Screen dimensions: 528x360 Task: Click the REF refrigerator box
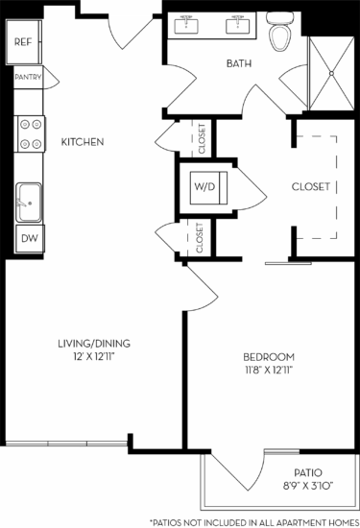pos(24,42)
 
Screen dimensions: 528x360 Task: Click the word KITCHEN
pos(83,143)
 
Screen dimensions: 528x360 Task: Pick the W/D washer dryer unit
pos(204,186)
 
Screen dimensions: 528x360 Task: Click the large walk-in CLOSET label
pos(311,186)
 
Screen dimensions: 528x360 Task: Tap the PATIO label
pos(308,472)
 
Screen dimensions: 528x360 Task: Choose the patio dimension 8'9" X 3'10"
pos(308,486)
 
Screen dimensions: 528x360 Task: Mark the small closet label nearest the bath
pos(202,139)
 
